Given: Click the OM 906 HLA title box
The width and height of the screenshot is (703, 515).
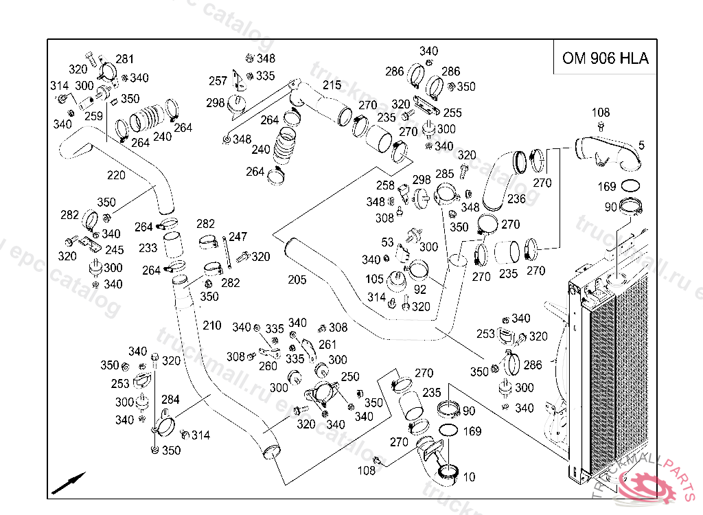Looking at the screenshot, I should click(605, 58).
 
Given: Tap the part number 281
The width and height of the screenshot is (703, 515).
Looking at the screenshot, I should click(125, 59).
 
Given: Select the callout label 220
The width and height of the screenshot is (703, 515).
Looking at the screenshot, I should click(116, 175).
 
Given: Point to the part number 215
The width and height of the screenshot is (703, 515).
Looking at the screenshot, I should click(332, 85).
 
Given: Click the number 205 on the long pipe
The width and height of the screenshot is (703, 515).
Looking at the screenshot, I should click(297, 279).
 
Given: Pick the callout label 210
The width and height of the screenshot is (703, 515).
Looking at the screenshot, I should click(212, 325).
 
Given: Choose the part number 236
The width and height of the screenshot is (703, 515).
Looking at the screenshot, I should click(516, 199).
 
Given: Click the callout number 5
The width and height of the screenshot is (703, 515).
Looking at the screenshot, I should click(641, 145).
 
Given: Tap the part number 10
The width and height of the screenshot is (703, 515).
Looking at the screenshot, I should click(469, 477).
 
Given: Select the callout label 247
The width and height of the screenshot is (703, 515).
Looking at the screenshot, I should click(238, 237).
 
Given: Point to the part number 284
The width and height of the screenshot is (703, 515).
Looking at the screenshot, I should click(170, 400).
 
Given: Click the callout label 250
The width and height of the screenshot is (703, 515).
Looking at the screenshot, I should click(350, 377).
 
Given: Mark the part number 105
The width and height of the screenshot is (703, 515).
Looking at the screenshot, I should click(375, 279).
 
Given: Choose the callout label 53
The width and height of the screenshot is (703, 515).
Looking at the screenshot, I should click(388, 242).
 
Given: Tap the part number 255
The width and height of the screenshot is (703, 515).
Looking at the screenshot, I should click(452, 113).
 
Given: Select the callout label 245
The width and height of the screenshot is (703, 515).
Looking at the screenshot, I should click(115, 251).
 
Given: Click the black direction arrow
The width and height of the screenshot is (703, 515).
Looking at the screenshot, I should click(69, 483).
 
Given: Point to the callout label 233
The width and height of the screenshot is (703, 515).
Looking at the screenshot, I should click(148, 249).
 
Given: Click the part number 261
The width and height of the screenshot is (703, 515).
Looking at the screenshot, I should click(328, 345).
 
